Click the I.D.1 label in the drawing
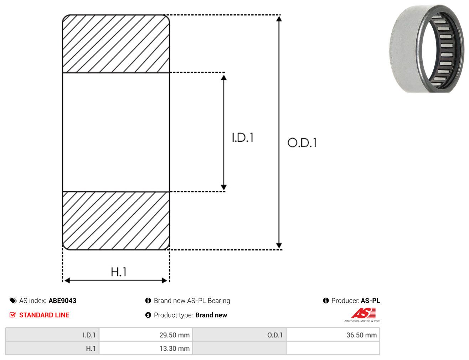pos(243,137)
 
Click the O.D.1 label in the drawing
pos(302,142)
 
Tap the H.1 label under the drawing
pos(118,272)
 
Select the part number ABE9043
pos(62,301)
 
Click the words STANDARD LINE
pos(44,315)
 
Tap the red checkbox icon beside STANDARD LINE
pos(13,315)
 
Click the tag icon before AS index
pos(13,301)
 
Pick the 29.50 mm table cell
pos(146,335)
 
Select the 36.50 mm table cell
pos(333,335)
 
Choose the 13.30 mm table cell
pos(146,348)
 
